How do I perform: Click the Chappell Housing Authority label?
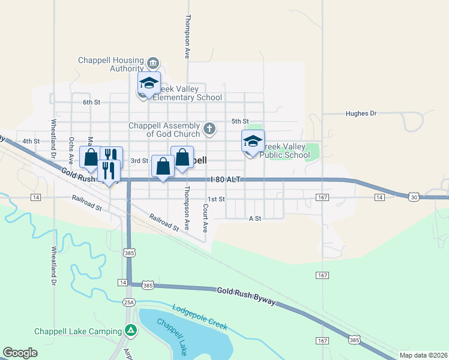tap(111, 64)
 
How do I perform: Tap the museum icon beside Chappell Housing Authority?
tap(152, 64)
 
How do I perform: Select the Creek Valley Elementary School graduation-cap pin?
tap(149, 83)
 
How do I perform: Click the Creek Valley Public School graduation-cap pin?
tap(253, 142)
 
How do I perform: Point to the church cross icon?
tap(209, 128)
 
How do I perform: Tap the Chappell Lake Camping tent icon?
tap(130, 331)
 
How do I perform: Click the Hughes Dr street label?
tap(361, 113)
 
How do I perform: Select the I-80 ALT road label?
tap(226, 179)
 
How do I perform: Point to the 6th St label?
tap(91, 102)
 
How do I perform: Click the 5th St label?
tap(240, 121)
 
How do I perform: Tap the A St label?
tap(255, 219)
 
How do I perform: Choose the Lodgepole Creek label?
tap(200, 317)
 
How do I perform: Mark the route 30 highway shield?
tap(414, 196)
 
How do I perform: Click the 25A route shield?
tap(129, 302)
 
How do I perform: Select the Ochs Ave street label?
tap(71, 151)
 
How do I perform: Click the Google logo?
tap(20, 353)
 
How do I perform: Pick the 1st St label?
tap(216, 199)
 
